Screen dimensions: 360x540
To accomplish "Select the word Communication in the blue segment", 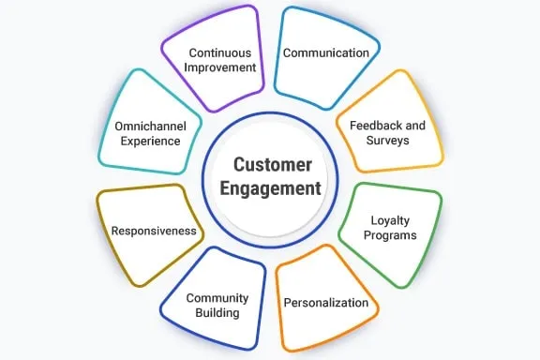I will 326,52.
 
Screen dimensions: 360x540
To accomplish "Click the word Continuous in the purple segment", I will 222,52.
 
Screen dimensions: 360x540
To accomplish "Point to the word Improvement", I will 222,67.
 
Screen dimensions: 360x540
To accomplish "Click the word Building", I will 217,313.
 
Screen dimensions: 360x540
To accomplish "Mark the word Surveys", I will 386,141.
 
